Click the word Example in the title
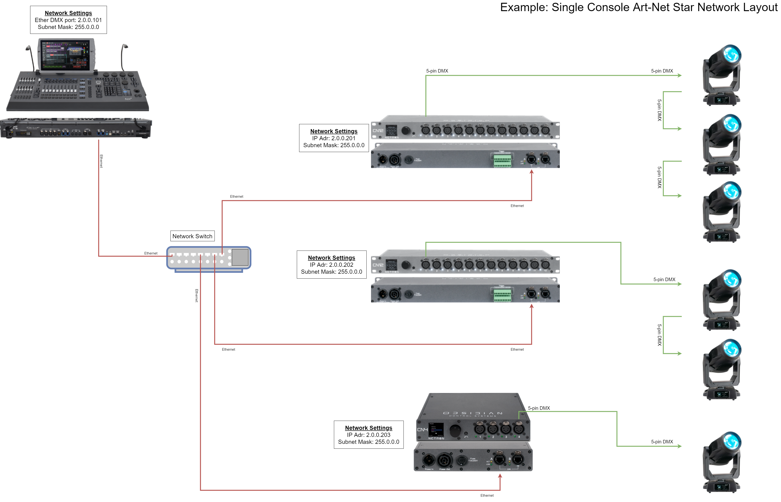point(524,7)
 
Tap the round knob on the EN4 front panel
point(455,430)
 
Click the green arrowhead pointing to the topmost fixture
point(680,75)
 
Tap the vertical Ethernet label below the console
point(101,161)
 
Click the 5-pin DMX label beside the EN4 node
point(539,408)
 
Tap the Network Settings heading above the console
point(68,13)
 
